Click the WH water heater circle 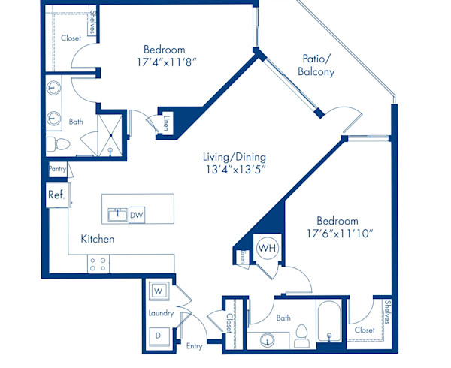tap(267, 247)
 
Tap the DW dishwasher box tap(137, 215)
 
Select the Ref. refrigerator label tap(56, 195)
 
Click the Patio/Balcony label tap(318, 65)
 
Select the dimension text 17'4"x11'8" tap(164, 63)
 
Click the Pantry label tap(58, 170)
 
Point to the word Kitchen tap(98, 240)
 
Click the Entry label tap(194, 346)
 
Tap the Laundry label tap(161, 313)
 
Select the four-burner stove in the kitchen tap(98, 264)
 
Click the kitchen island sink tap(117, 215)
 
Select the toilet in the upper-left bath tap(58, 143)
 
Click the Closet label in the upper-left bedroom tap(71, 38)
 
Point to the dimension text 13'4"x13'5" tap(234, 170)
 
